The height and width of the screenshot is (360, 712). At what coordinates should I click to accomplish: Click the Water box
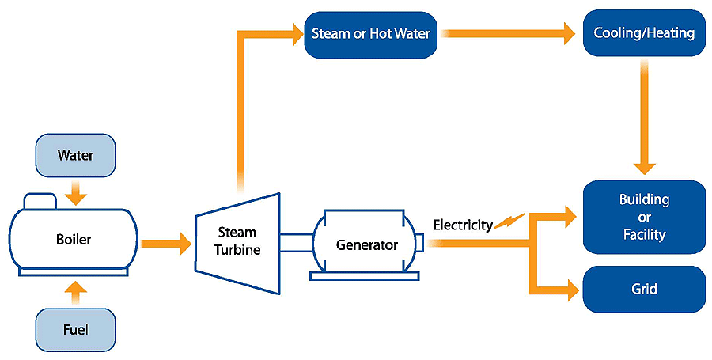[75, 155]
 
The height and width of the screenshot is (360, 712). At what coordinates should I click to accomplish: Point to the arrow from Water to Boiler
[75, 190]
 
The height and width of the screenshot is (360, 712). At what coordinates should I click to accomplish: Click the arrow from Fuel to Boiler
[75, 293]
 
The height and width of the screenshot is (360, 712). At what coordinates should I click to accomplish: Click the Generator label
[366, 244]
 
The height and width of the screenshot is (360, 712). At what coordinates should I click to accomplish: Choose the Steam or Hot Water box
[371, 34]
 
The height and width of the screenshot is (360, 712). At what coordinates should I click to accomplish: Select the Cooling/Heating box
[643, 34]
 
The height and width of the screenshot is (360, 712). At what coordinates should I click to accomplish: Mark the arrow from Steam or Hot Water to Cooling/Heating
[506, 34]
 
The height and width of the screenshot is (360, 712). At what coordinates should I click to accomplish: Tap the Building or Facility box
[643, 217]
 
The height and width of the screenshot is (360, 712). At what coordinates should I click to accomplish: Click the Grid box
[643, 289]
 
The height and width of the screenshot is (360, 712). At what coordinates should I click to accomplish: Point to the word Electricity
[462, 225]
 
